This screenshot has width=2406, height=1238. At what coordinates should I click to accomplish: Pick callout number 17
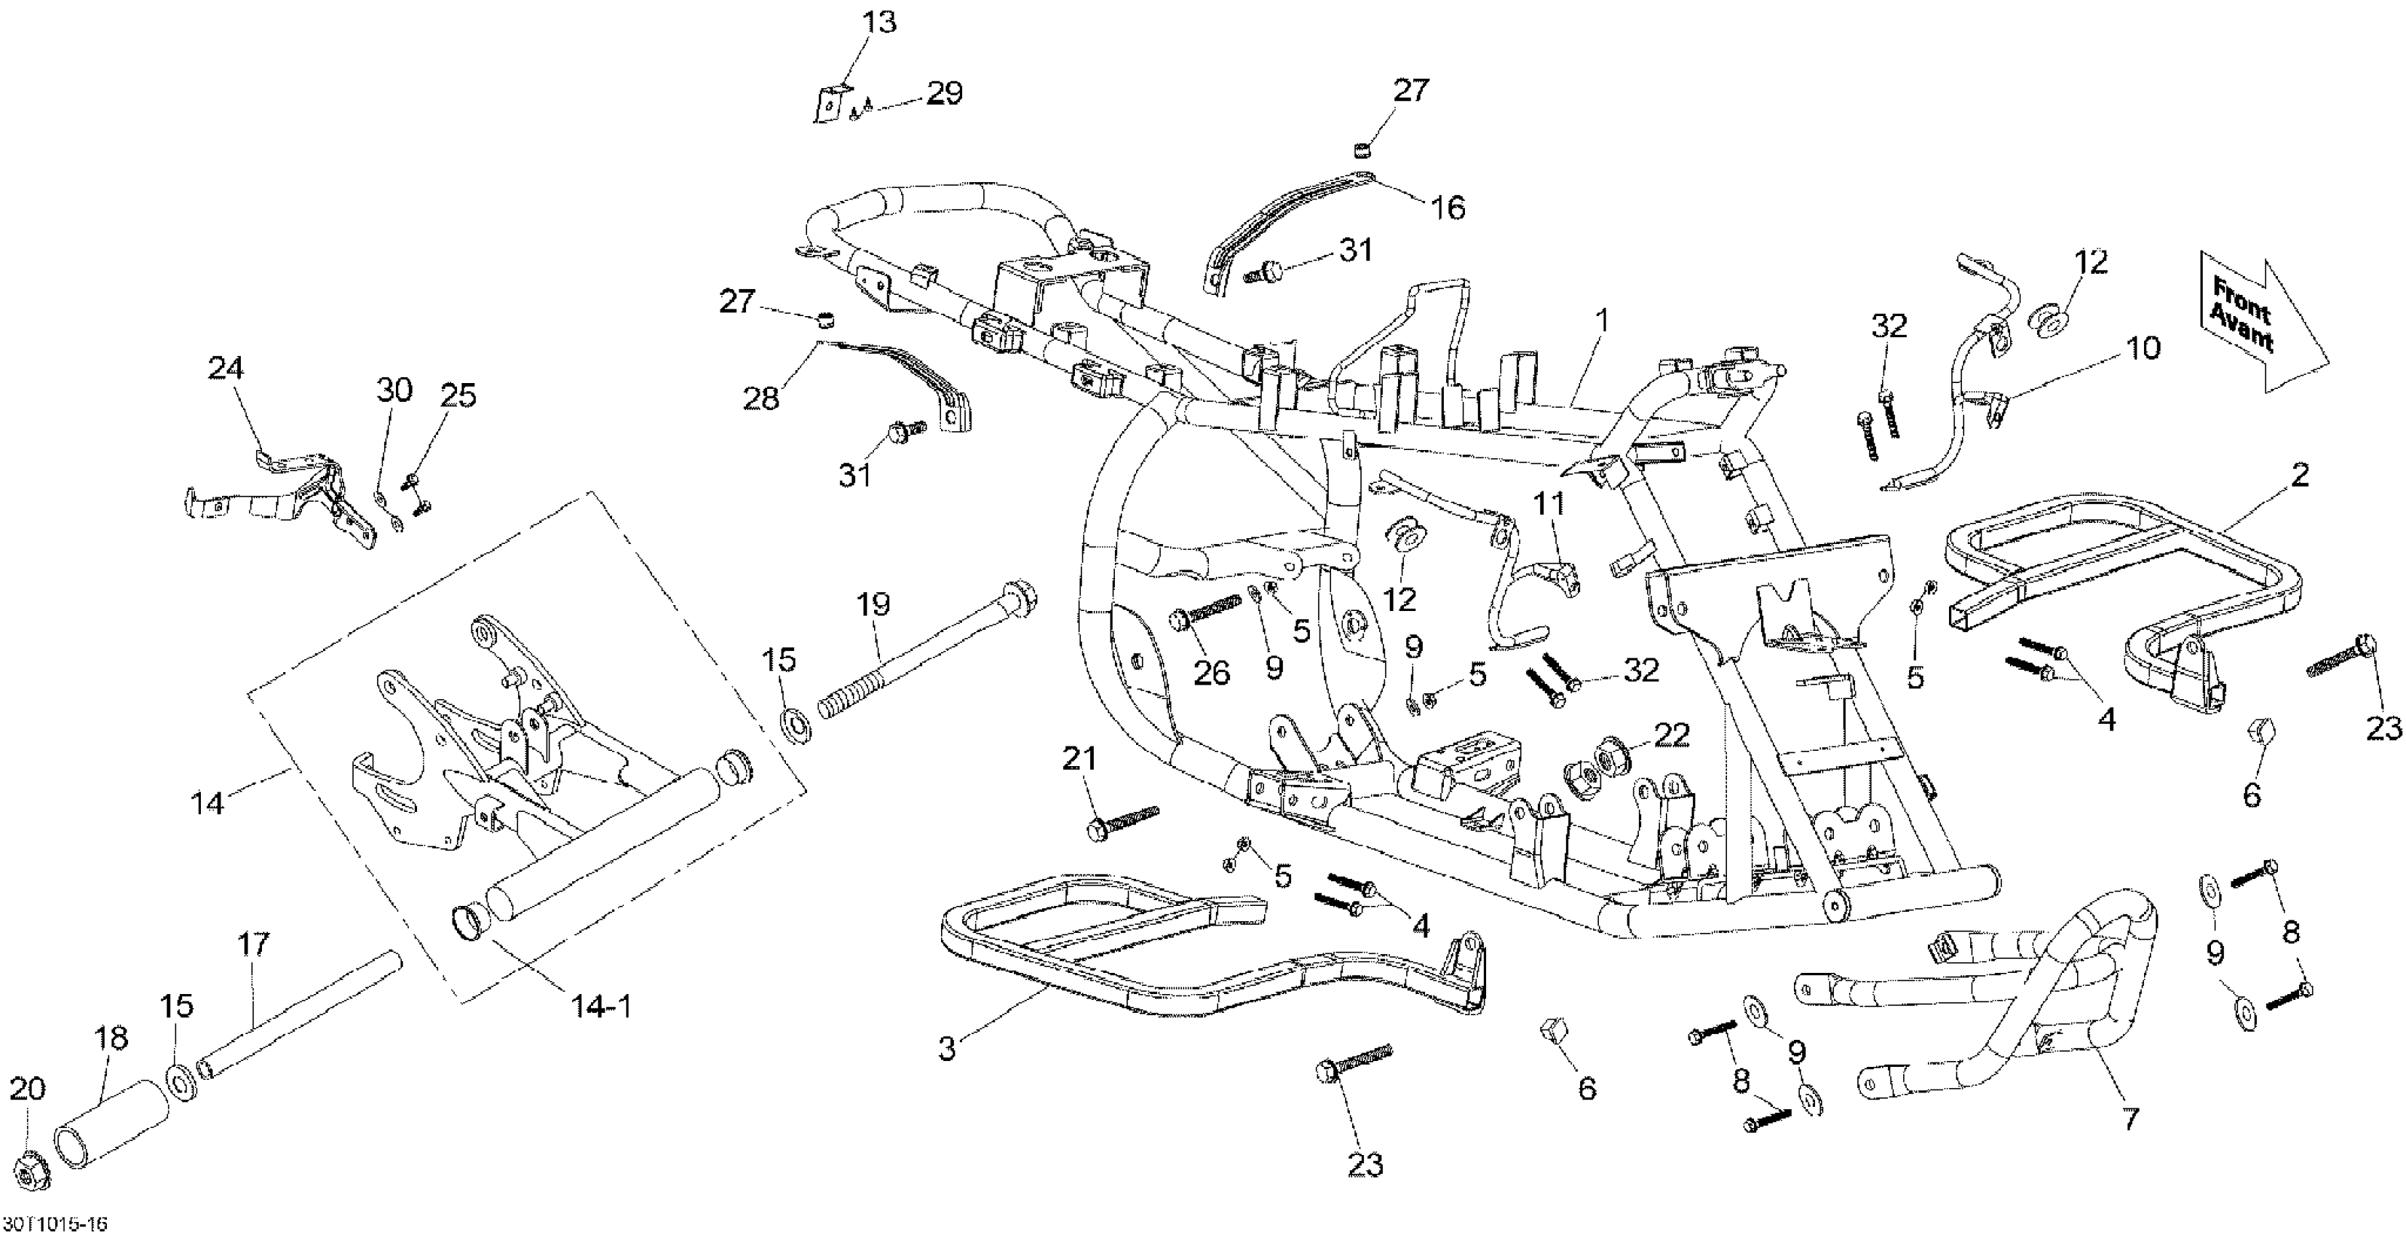tap(253, 945)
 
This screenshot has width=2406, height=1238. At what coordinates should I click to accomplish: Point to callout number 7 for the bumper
tap(2129, 1119)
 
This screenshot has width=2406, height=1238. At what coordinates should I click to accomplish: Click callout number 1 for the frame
tap(1603, 320)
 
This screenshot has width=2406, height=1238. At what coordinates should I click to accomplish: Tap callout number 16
tap(1448, 208)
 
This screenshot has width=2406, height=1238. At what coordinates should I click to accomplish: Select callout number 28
tap(761, 399)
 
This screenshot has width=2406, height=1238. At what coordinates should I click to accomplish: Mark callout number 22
tap(1671, 736)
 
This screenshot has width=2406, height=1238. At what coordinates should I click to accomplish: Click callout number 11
tap(1549, 505)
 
